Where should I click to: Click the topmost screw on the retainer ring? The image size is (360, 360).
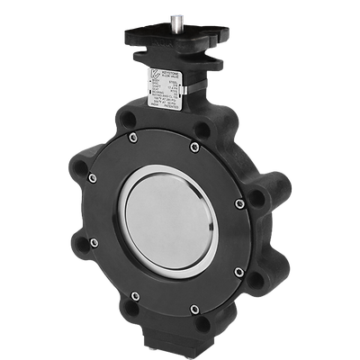pyautogui.click(x=194, y=145)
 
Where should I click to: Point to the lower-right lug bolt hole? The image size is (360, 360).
pyautogui.click(x=257, y=278)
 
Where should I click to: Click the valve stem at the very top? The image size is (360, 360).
pyautogui.click(x=170, y=9)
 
